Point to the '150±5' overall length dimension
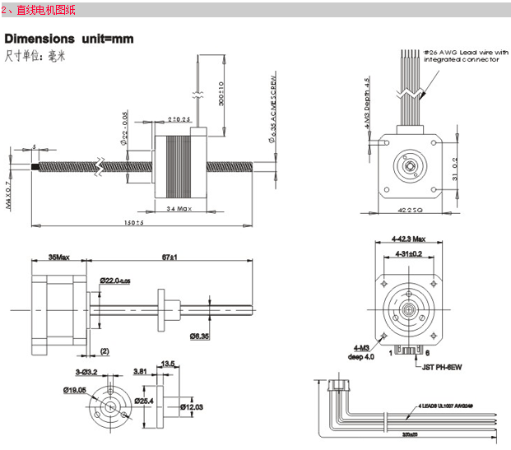pyautogui.click(x=132, y=224)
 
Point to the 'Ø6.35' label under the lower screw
pyautogui.click(x=201, y=336)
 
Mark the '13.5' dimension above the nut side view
pyautogui.click(x=169, y=363)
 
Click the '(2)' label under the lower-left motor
pyautogui.click(x=105, y=351)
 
